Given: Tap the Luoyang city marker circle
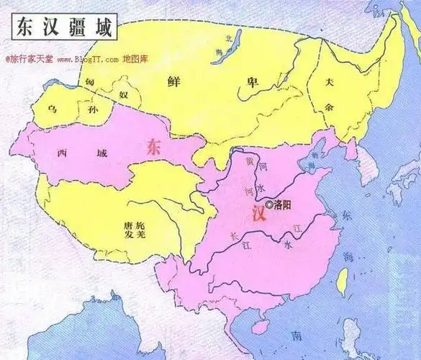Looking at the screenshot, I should click(x=269, y=204).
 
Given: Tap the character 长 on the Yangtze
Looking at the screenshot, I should click(x=232, y=234).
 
